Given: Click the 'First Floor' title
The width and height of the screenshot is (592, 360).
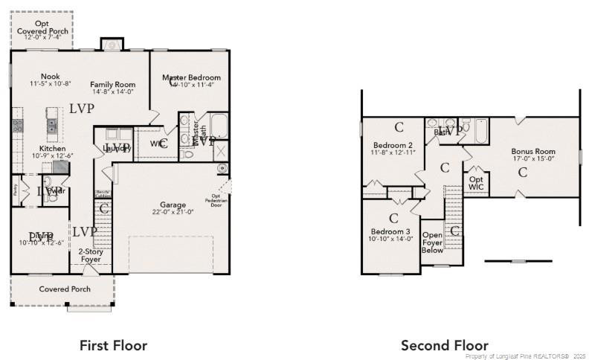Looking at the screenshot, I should click(113, 345).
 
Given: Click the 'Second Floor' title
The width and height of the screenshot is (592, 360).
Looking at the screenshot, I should click(445, 345).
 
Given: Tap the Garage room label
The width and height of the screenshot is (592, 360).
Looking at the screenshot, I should click(173, 205).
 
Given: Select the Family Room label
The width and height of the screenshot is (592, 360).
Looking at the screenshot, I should click(112, 85).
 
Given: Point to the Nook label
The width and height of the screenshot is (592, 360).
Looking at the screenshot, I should click(51, 77).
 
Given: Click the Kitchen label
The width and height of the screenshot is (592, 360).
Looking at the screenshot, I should click(53, 149).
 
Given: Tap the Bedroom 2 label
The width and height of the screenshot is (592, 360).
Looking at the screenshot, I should click(393, 145).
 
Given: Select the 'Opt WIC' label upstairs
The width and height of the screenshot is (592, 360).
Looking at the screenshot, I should click(475, 183).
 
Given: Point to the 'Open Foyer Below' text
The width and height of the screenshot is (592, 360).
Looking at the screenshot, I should click(432, 242).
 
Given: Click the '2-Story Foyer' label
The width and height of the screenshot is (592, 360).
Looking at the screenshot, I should click(90, 255).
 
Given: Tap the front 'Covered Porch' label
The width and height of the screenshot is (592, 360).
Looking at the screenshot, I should click(65, 289).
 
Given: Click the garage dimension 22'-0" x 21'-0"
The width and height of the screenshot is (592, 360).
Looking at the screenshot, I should click(173, 212).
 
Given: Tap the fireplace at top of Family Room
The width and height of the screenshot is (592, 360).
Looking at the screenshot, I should click(112, 45).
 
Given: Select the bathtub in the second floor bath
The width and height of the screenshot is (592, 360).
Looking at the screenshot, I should click(480, 132).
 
